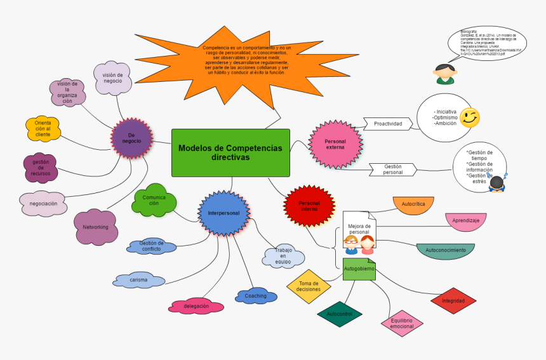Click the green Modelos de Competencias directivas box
point(230,152)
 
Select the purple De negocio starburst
point(131,138)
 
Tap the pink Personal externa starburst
point(335,144)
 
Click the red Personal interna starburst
point(309,206)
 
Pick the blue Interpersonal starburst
point(223,213)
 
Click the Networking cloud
point(96,227)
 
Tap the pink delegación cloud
point(196,306)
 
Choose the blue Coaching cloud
point(256,296)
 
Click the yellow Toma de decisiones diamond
point(309,286)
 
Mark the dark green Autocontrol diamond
point(339,314)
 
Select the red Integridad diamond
point(453,300)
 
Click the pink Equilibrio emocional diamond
point(402,324)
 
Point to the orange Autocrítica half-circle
point(413,205)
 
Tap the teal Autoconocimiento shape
point(445,250)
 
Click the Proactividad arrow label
point(387,123)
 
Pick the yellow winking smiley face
point(470,117)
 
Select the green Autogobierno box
point(359,269)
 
